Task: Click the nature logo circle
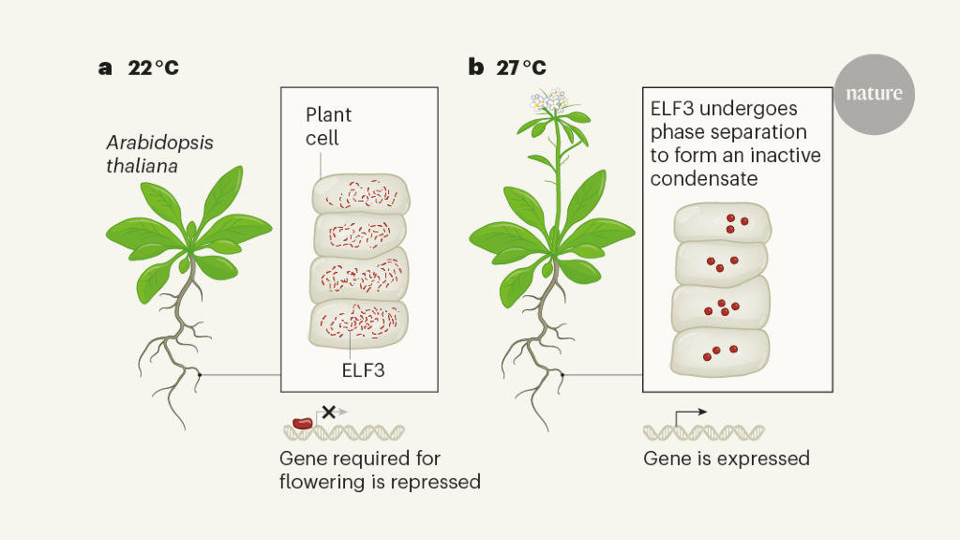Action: [874, 94]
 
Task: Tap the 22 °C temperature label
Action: [153, 67]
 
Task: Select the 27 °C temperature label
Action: [520, 67]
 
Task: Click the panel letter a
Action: [105, 67]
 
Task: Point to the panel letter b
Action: [476, 67]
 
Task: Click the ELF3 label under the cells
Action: [364, 369]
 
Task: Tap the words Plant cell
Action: [328, 127]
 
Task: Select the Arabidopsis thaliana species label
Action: [159, 154]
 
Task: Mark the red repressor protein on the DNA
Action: [302, 424]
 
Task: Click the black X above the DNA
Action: [328, 411]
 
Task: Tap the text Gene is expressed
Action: [726, 458]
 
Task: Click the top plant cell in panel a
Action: [360, 194]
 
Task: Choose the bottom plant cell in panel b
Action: [720, 350]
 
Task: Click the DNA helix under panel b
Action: [703, 432]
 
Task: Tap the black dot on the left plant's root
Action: [199, 375]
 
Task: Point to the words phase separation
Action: [728, 132]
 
